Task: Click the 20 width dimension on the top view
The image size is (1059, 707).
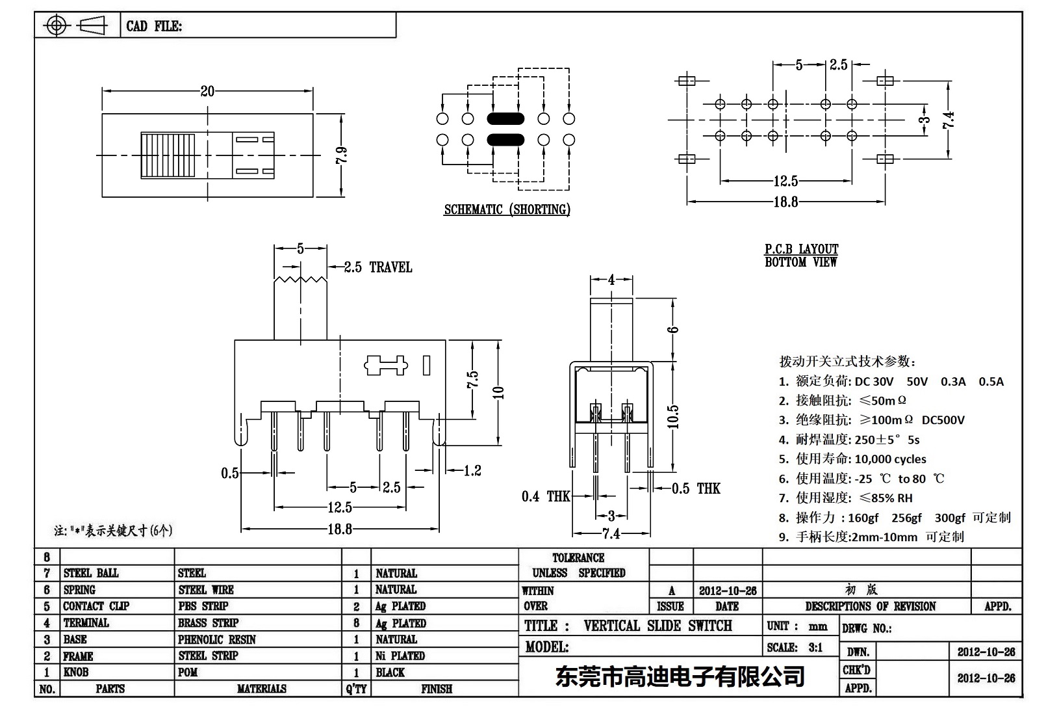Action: [x=207, y=91]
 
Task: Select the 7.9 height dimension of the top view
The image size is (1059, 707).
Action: [x=342, y=155]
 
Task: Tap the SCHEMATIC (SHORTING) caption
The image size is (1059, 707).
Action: [x=507, y=209]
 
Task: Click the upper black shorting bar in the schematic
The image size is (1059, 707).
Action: [x=505, y=119]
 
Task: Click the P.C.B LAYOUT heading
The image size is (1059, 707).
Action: [x=801, y=249]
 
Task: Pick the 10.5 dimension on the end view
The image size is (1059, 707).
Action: [x=673, y=416]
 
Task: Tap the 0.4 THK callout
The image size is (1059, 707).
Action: [x=545, y=497]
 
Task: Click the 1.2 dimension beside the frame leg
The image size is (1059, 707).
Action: [x=472, y=470]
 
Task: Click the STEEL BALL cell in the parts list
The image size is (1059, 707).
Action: [x=91, y=573]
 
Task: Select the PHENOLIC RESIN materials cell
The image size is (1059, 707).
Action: [x=217, y=639]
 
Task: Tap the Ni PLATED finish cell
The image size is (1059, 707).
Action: [x=400, y=656]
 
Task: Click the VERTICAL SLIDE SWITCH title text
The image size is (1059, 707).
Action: [x=657, y=626]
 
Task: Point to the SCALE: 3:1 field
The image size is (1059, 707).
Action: [x=795, y=647]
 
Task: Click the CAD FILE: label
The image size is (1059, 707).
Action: [x=154, y=26]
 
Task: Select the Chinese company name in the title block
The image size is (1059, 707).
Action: [x=680, y=676]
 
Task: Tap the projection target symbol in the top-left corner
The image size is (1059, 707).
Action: [x=57, y=26]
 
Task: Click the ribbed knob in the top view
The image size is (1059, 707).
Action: [x=168, y=155]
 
